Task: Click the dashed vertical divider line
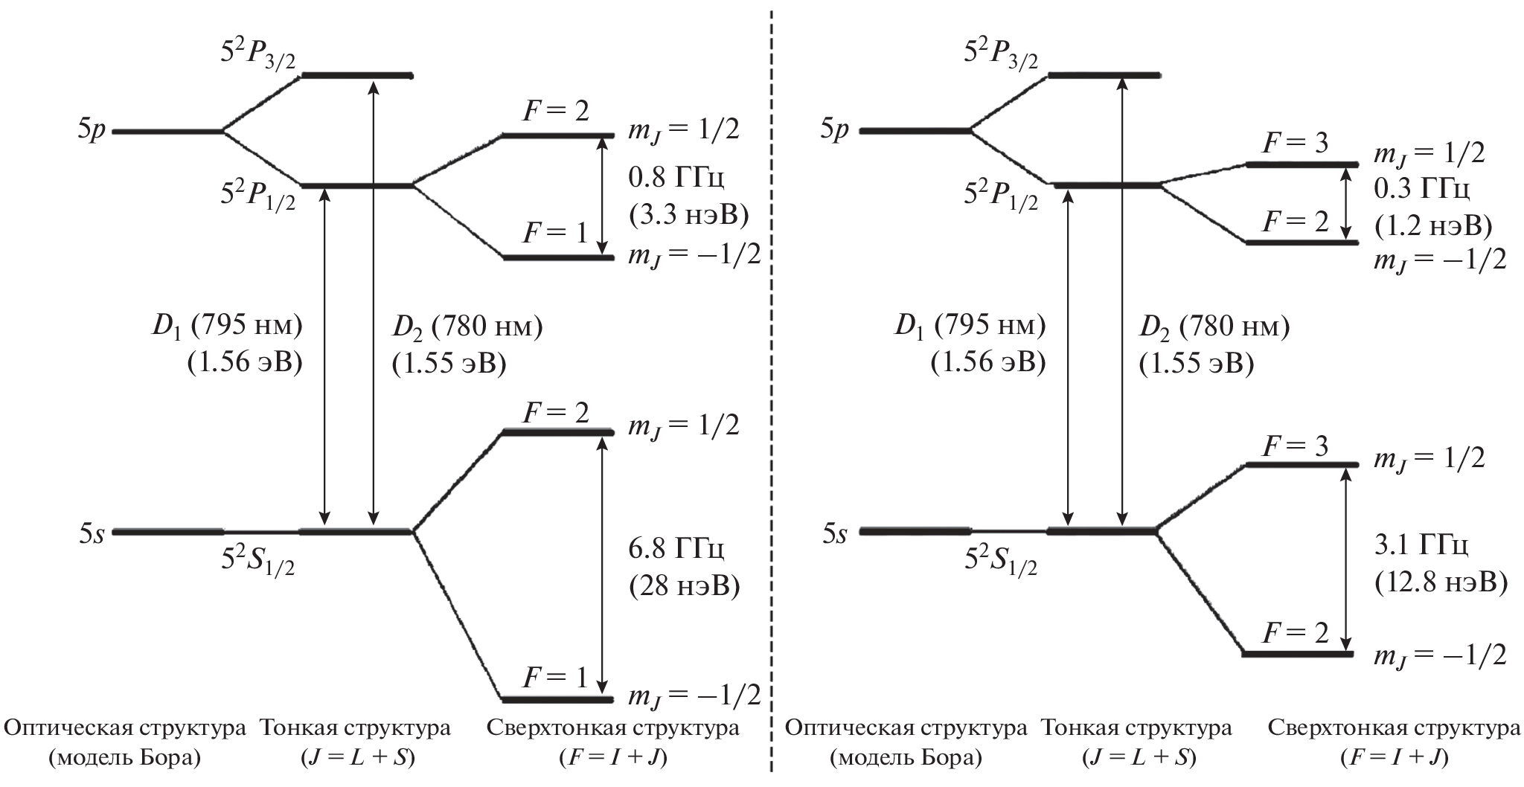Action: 771,372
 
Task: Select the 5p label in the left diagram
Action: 94,130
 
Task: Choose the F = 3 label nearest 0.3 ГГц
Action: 1296,142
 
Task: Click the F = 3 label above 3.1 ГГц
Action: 1296,446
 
